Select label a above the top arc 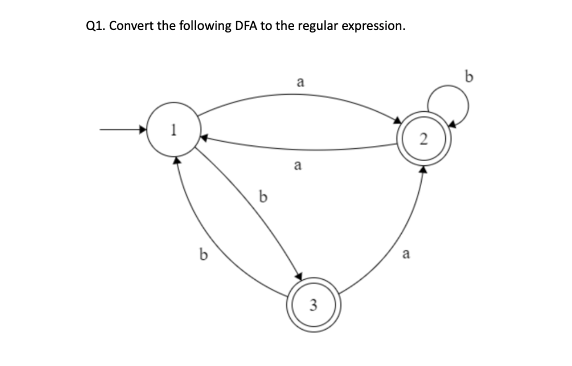pyautogui.click(x=299, y=82)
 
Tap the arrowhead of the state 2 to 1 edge pyautogui.click(x=204, y=137)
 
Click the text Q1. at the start pyautogui.click(x=96, y=26)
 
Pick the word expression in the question pyautogui.click(x=372, y=26)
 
